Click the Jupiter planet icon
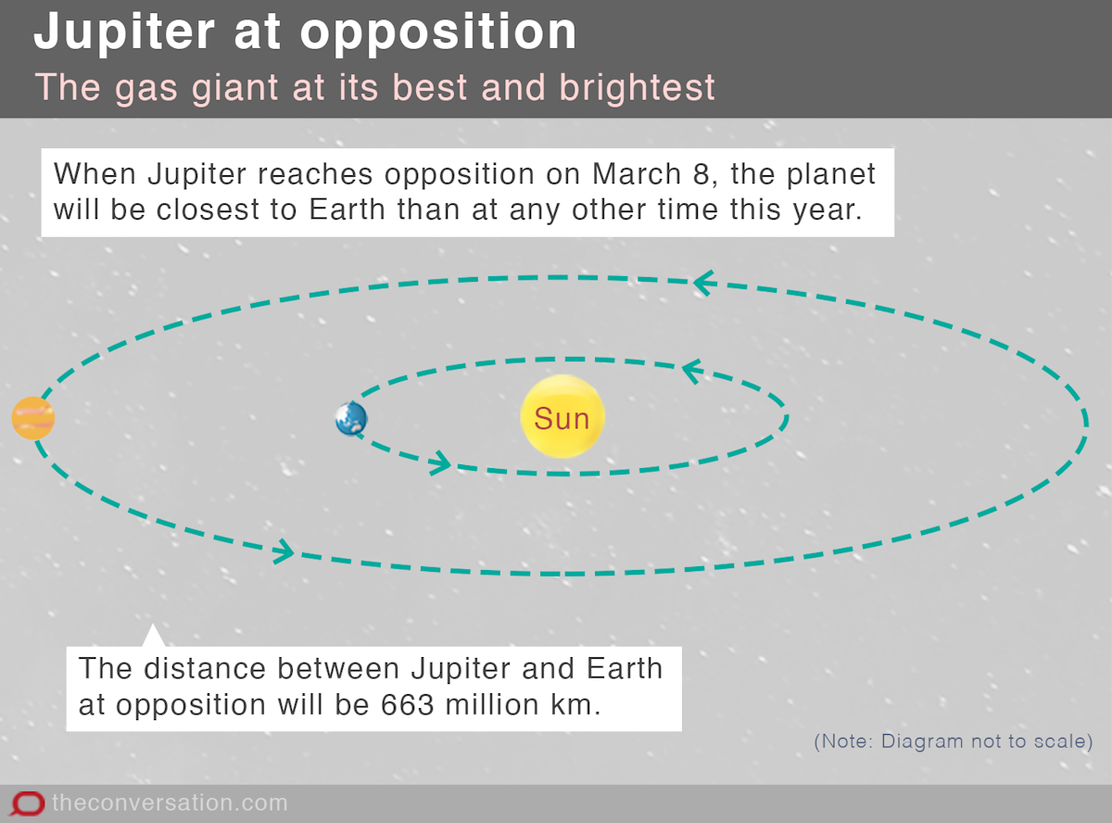(33, 418)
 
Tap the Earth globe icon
(351, 419)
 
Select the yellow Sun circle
(562, 417)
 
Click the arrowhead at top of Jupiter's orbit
(703, 282)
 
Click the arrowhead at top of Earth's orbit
(692, 371)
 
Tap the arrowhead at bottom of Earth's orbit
(439, 462)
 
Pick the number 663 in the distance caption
(407, 703)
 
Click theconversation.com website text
(170, 803)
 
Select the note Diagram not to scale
(954, 741)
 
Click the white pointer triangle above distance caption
(154, 637)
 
